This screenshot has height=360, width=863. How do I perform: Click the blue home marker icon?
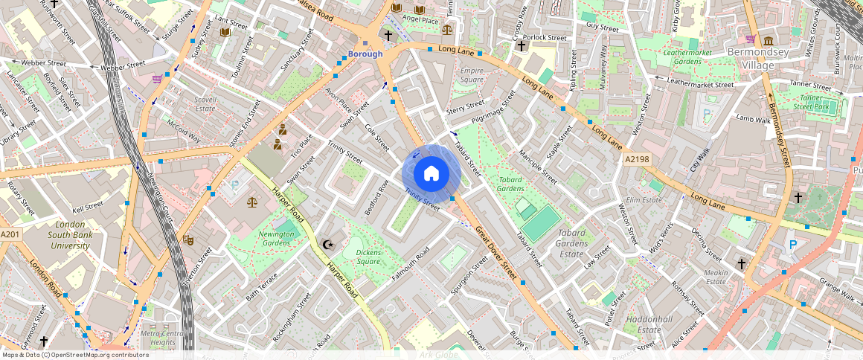coord(431,174)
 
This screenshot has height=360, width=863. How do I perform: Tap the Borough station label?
coord(365,54)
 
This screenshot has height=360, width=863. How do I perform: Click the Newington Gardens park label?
coord(276,239)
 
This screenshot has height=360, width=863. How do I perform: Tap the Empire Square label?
coord(472,75)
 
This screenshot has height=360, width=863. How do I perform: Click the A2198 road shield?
coord(638,159)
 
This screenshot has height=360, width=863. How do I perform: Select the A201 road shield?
coord(10,234)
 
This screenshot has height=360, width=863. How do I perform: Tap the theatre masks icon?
coord(189,240)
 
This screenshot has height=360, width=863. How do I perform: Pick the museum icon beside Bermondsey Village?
coord(767,39)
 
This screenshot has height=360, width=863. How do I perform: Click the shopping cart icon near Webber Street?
coord(157,78)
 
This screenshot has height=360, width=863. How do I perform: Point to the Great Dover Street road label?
coord(495,253)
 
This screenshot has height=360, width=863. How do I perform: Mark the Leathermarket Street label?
coord(700,84)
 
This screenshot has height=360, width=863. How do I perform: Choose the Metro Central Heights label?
coord(163,338)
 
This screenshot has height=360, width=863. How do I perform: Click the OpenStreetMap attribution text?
coord(74,355)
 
